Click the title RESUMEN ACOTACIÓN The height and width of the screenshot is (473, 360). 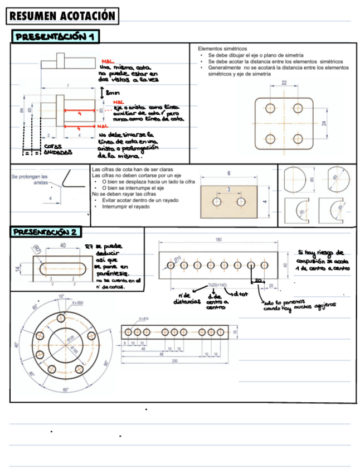tap(62, 16)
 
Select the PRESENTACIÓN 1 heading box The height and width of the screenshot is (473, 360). tap(56, 37)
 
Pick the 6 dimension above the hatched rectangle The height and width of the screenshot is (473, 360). tap(229, 173)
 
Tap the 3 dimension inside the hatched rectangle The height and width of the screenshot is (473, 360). tap(228, 190)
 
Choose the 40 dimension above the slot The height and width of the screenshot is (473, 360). tap(63, 245)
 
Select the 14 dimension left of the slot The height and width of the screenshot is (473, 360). tap(17, 269)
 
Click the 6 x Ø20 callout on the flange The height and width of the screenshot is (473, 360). tap(77, 302)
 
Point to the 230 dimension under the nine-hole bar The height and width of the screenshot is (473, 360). tap(175, 361)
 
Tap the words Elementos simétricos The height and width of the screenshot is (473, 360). tap(222, 49)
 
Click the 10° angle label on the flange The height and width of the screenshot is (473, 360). tap(61, 296)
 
